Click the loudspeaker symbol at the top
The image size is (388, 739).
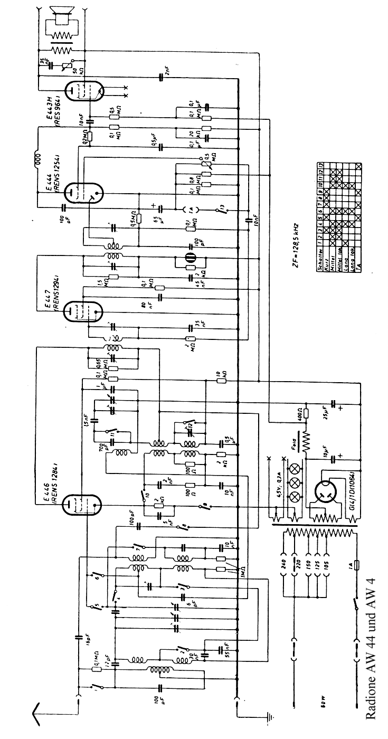click(x=61, y=16)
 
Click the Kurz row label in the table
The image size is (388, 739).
click(x=327, y=249)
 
